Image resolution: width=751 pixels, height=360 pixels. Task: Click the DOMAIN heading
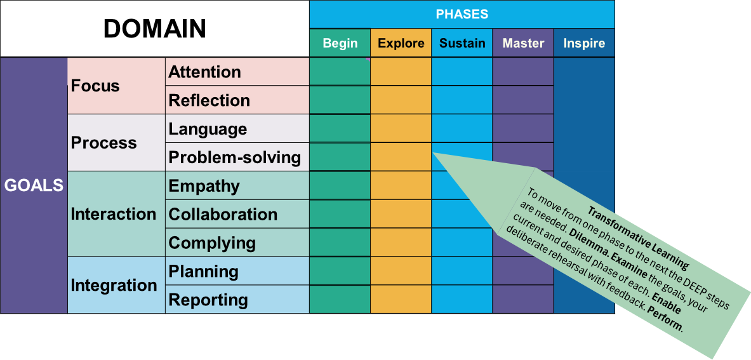coord(154,29)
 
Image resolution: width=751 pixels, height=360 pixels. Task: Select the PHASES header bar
coord(462,14)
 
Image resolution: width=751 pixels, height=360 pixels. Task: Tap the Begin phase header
coord(340,43)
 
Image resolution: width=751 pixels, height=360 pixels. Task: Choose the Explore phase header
coord(401,43)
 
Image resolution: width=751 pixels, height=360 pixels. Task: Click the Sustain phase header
coord(462,43)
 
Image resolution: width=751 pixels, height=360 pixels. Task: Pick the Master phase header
coord(523,43)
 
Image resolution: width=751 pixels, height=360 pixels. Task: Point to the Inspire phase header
coord(584,44)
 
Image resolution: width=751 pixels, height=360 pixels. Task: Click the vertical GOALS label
coord(34,185)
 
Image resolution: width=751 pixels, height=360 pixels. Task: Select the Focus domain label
coord(95,86)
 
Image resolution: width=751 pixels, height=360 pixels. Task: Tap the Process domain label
coord(103,143)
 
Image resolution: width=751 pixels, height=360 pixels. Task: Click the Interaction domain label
coord(113,214)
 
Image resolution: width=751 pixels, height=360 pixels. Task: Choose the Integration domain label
coord(113,285)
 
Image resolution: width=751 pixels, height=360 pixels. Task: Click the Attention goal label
coord(204,72)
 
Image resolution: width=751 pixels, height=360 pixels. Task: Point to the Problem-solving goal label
coord(234,157)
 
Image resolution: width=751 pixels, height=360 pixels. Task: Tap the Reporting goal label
coord(208,300)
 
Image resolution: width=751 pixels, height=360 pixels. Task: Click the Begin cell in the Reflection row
coord(340,100)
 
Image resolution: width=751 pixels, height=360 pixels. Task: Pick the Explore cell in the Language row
coord(401,128)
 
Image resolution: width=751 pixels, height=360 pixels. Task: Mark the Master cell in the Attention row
coord(523,72)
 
